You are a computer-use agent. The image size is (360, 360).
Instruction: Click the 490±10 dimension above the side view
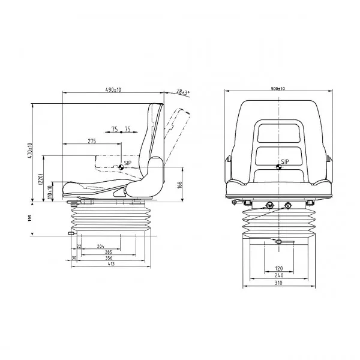[113, 89]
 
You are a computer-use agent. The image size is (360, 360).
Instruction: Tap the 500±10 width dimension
[278, 89]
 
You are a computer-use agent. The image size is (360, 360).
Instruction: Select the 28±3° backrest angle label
[183, 92]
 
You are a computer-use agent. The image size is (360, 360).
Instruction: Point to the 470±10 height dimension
[29, 151]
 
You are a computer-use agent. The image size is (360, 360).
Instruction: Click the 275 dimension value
[92, 141]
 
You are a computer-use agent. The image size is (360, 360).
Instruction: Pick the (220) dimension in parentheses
[40, 179]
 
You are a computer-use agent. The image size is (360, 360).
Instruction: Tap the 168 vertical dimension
[179, 185]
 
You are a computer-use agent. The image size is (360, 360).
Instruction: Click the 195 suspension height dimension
[29, 218]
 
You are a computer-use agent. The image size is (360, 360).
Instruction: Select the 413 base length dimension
[111, 264]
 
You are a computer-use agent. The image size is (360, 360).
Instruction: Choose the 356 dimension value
[109, 258]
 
